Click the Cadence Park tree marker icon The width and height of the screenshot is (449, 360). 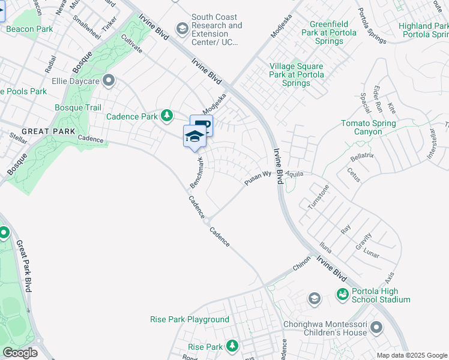pyautogui.click(x=166, y=116)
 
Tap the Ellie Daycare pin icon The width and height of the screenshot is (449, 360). pyautogui.click(x=109, y=80)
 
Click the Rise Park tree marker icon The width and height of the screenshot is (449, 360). pyautogui.click(x=232, y=346)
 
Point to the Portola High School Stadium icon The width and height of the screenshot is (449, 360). pyautogui.click(x=342, y=294)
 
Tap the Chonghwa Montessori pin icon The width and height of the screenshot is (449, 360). pyautogui.click(x=376, y=327)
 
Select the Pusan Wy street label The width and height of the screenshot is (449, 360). pyautogui.click(x=258, y=178)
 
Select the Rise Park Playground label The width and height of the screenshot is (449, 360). pyautogui.click(x=190, y=320)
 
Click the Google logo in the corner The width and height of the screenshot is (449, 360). pyautogui.click(x=20, y=353)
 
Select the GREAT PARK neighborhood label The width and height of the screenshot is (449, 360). pyautogui.click(x=49, y=131)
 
